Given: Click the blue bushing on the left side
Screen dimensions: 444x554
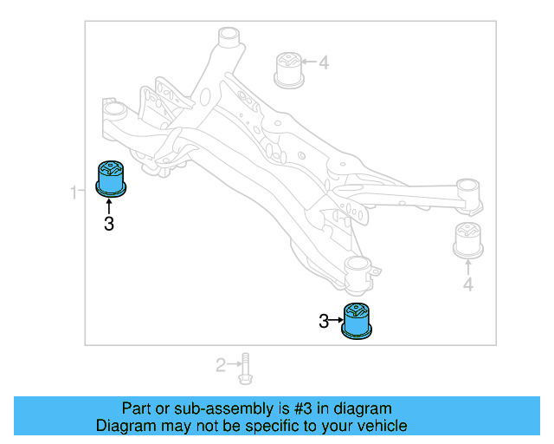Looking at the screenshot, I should [x=110, y=178].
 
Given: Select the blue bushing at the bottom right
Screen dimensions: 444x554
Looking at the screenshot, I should [x=358, y=320].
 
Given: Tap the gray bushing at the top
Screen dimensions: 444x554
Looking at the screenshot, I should [x=287, y=70].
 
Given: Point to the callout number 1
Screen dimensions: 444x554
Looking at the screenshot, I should [x=74, y=189].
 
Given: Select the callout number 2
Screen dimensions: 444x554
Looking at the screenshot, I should [x=221, y=365].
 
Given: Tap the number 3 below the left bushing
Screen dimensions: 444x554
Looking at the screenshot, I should [x=109, y=224].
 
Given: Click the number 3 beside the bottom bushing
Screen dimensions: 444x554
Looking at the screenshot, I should [x=324, y=322].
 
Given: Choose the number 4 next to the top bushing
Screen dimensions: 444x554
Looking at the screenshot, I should [x=323, y=62].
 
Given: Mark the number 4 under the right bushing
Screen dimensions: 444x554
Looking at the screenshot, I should [x=467, y=284].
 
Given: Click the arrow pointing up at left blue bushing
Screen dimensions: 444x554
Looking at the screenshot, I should [x=109, y=206].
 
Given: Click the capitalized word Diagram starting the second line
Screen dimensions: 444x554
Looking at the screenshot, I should [x=125, y=426].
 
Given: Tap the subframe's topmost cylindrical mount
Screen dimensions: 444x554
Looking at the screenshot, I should [x=228, y=39].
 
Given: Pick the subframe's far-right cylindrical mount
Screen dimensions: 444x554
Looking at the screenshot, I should [x=468, y=193].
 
